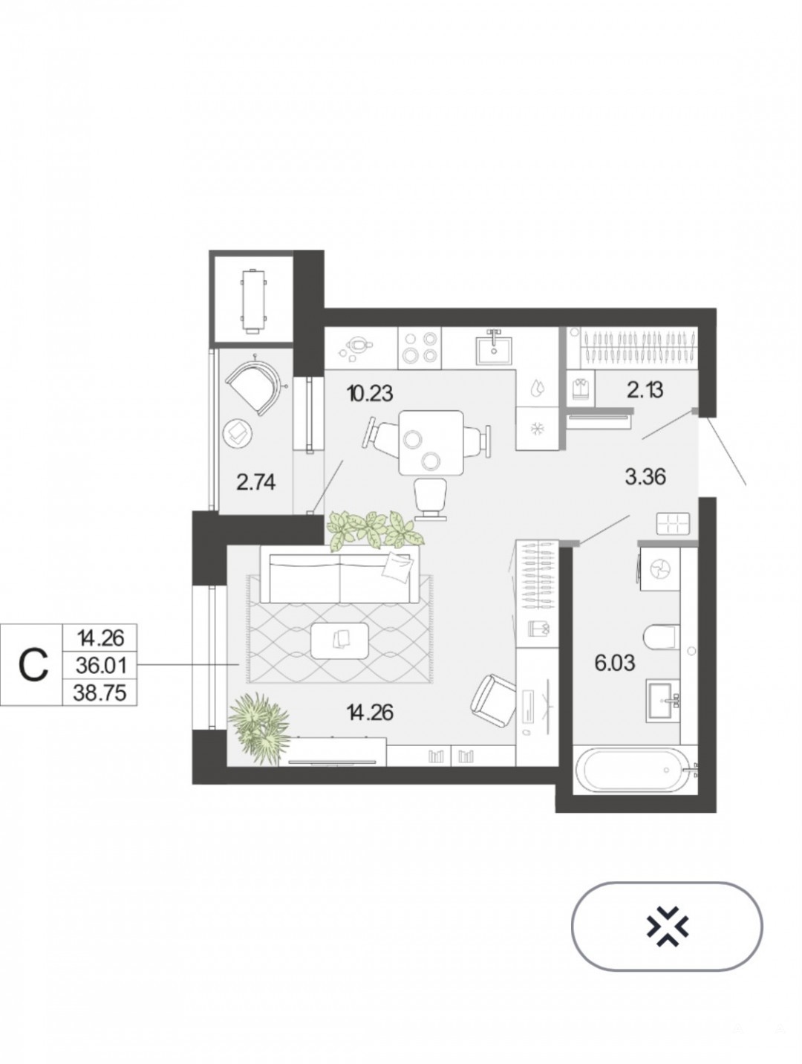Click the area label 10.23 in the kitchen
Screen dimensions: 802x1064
tap(370, 393)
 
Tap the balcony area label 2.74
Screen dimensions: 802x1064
tap(255, 482)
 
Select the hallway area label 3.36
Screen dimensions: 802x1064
tap(645, 478)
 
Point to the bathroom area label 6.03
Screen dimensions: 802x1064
tap(614, 663)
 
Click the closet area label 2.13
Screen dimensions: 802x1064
tap(645, 390)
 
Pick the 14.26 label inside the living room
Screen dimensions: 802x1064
tap(370, 713)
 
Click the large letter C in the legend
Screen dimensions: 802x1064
tap(33, 665)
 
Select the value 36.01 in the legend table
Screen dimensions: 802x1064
tap(101, 666)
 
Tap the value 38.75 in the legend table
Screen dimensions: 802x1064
tap(100, 692)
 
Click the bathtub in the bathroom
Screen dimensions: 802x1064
tap(634, 770)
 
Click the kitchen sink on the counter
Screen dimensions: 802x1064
tap(494, 348)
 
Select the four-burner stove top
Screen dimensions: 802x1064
tap(420, 348)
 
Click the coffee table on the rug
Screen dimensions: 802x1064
tap(339, 640)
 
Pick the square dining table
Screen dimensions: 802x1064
tap(431, 442)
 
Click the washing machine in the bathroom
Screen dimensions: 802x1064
tap(660, 569)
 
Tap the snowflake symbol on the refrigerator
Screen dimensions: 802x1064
tap(536, 429)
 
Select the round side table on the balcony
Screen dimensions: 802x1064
tap(238, 433)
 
